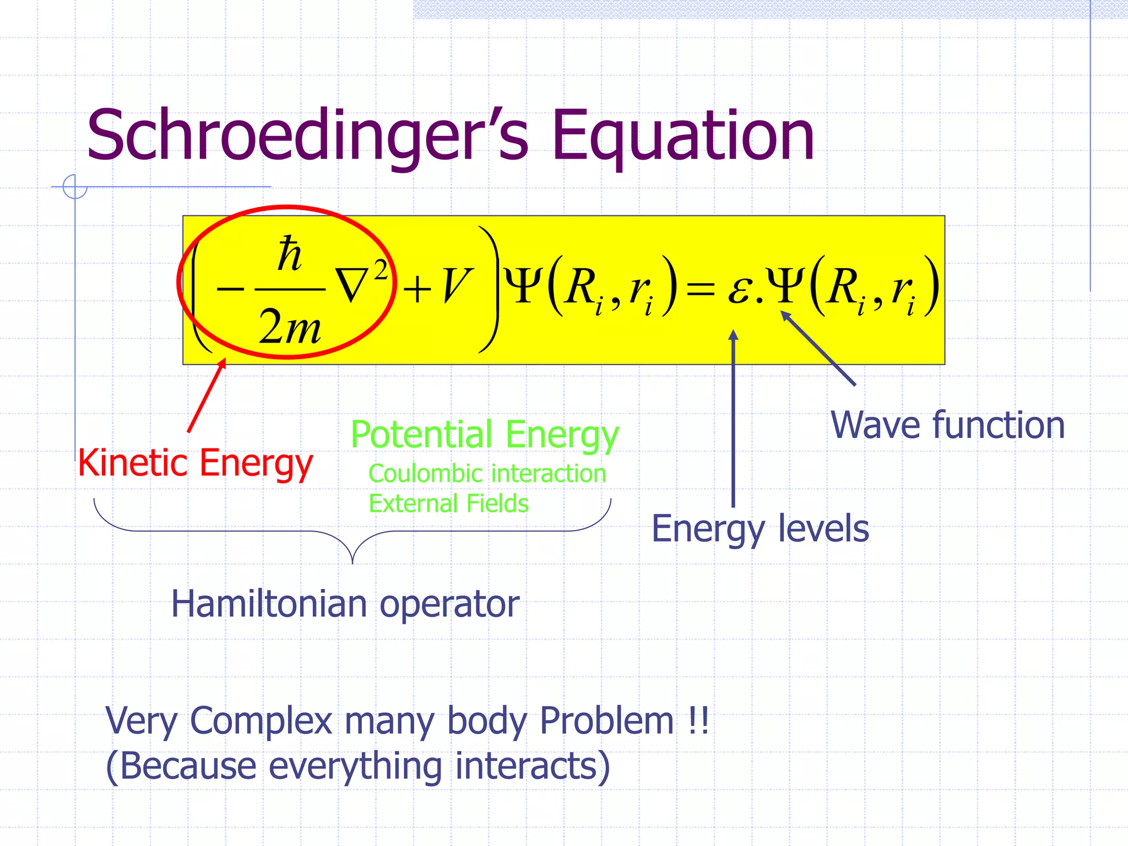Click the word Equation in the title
tap(683, 136)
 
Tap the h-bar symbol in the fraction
tap(290, 254)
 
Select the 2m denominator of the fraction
tap(290, 327)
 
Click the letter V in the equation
tap(457, 286)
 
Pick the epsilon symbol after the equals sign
tap(740, 290)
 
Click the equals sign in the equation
tap(700, 289)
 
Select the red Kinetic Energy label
tap(196, 463)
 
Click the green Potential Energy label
tap(485, 435)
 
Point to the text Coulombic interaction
tap(487, 474)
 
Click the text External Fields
tap(448, 503)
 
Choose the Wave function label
tap(947, 425)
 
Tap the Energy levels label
tap(760, 529)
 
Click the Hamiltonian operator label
tap(345, 604)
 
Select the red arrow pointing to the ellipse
tap(207, 395)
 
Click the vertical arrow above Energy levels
tap(733, 419)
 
